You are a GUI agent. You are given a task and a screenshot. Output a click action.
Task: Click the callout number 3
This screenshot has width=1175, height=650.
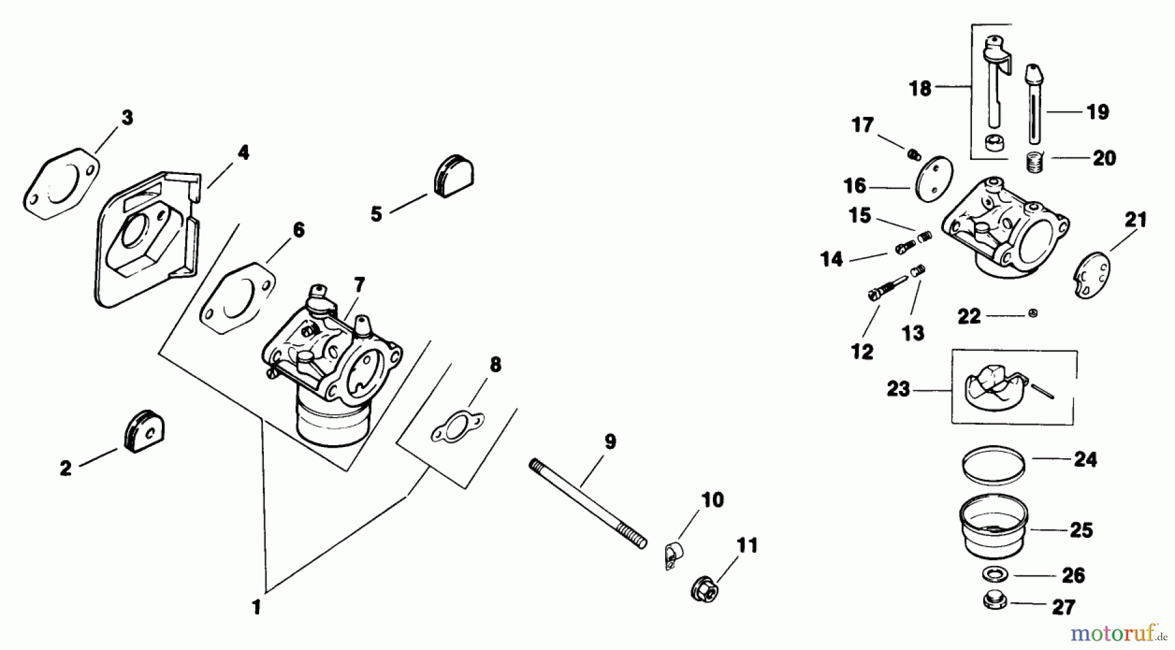pos(127,117)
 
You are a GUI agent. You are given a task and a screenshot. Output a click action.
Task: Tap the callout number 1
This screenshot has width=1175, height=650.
pos(256,608)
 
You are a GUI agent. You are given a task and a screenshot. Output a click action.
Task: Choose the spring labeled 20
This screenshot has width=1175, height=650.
pos(1032,162)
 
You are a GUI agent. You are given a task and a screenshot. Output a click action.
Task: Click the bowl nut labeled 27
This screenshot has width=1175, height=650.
pos(993,602)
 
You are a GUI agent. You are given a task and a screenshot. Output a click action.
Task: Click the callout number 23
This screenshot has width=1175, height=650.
pos(898,390)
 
